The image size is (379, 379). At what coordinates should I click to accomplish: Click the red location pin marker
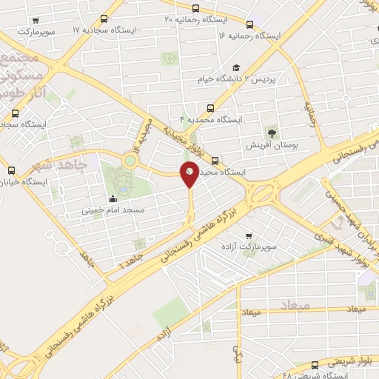tap(189, 173)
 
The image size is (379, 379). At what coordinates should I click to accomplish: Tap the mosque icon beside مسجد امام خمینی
tap(113, 198)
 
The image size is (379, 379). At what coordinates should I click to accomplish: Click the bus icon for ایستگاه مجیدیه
tap(215, 160)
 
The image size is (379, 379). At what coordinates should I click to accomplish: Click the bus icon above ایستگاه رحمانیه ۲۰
tap(195, 9)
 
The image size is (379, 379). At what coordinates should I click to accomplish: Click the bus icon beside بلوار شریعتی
tap(316, 364)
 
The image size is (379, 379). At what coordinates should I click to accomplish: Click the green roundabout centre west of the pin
tap(130, 160)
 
